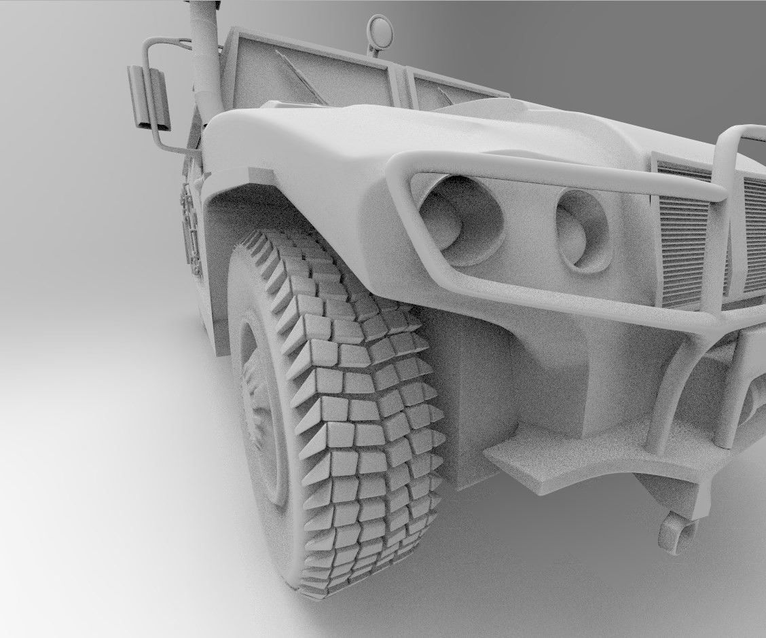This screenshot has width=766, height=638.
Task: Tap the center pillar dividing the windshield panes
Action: click(x=400, y=81)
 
